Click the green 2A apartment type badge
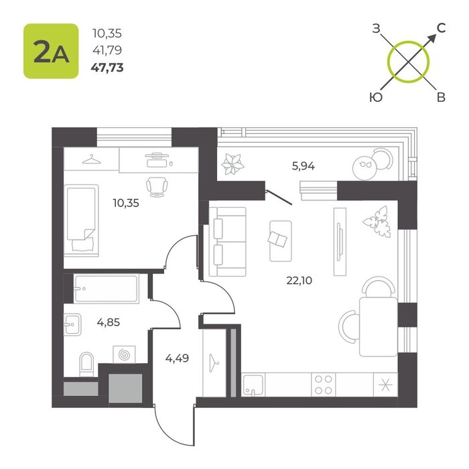51,51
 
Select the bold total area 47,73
107,68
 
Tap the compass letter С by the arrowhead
441,28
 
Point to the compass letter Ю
376,97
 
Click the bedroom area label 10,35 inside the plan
126,203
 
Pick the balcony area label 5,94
304,165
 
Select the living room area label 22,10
299,280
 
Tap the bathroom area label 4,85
109,322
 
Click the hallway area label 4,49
177,358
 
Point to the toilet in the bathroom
86,364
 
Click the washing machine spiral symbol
124,354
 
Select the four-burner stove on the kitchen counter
324,385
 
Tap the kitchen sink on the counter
253,385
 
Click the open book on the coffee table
277,239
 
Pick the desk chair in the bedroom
157,187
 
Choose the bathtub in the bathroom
106,289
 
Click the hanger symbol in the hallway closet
213,363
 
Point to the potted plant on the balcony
232,164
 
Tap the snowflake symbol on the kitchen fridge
385,385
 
